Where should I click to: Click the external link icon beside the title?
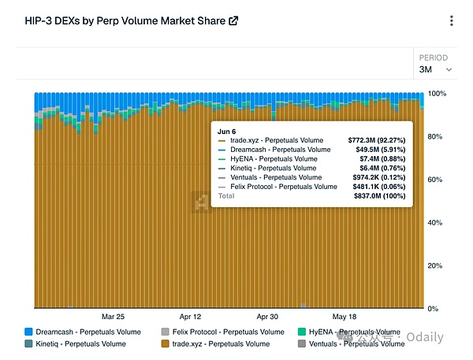click(x=233, y=20)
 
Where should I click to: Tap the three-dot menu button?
click(x=451, y=20)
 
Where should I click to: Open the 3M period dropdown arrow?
click(x=449, y=69)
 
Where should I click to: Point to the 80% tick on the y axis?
click(x=434, y=136)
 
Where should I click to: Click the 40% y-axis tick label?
click(x=434, y=222)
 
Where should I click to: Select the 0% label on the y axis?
click(x=433, y=309)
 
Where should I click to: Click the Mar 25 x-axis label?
click(x=113, y=317)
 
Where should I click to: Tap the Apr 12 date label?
click(x=190, y=317)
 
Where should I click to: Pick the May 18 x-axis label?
click(x=345, y=317)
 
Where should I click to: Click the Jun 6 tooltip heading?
click(x=226, y=132)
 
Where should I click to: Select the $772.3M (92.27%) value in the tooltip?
click(x=377, y=140)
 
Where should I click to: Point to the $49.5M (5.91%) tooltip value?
click(x=381, y=150)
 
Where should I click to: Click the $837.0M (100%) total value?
click(x=380, y=196)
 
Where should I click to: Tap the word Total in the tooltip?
click(x=226, y=196)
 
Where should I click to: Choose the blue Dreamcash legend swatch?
click(x=28, y=332)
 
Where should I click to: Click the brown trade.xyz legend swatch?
click(x=165, y=343)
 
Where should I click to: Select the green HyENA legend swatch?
click(x=302, y=332)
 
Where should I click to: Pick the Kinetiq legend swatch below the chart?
click(x=28, y=343)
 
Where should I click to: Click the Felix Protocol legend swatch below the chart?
click(x=165, y=332)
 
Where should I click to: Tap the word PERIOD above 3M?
click(x=433, y=58)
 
